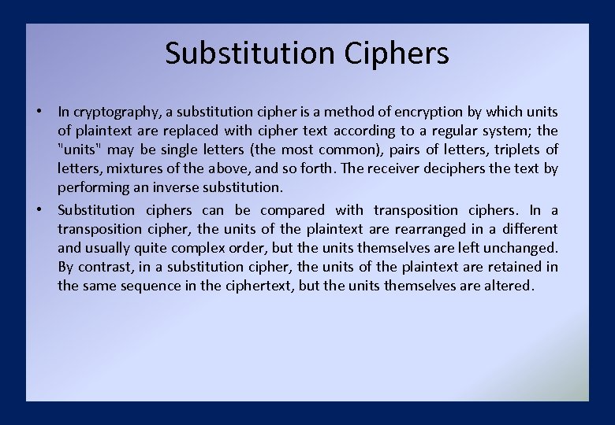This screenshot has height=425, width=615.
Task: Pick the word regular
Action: [x=449, y=131]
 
